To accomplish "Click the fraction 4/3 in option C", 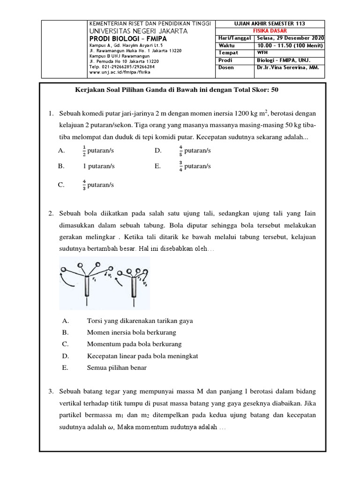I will point(84,185).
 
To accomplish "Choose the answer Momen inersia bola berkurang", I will point(131,332).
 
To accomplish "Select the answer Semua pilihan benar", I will point(117,367).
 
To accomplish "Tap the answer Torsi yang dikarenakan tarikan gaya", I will point(140,321).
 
